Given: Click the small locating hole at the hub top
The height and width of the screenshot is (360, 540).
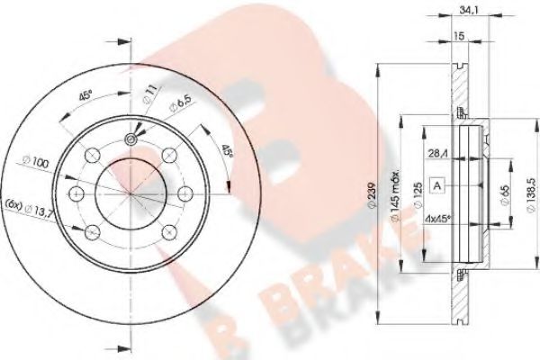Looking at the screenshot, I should [x=131, y=139].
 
